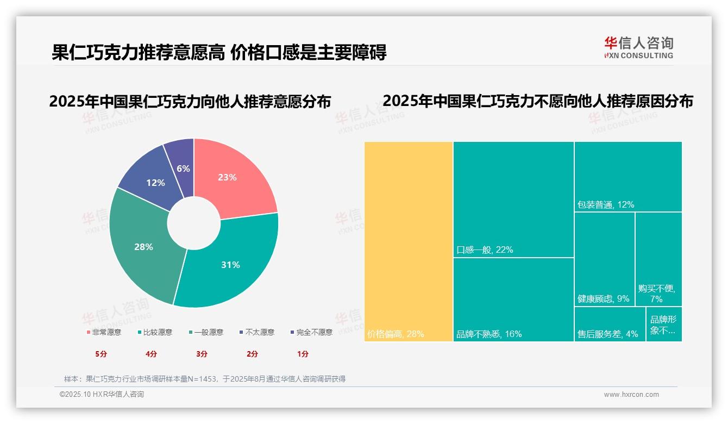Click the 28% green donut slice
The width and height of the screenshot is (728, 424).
coord(142,247)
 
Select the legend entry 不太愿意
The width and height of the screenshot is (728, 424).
coord(260,332)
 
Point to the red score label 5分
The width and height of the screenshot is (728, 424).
coord(101,354)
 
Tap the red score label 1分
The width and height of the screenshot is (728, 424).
coord(303,354)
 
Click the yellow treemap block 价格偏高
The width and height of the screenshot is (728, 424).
coord(409,239)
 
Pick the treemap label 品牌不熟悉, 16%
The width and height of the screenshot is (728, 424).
coord(489,334)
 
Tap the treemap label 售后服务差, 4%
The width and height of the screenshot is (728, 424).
coord(607,334)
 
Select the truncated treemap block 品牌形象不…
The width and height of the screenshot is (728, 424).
coord(663,325)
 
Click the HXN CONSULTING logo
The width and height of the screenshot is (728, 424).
coord(638,48)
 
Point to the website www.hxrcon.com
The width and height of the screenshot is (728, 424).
coord(631,395)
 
